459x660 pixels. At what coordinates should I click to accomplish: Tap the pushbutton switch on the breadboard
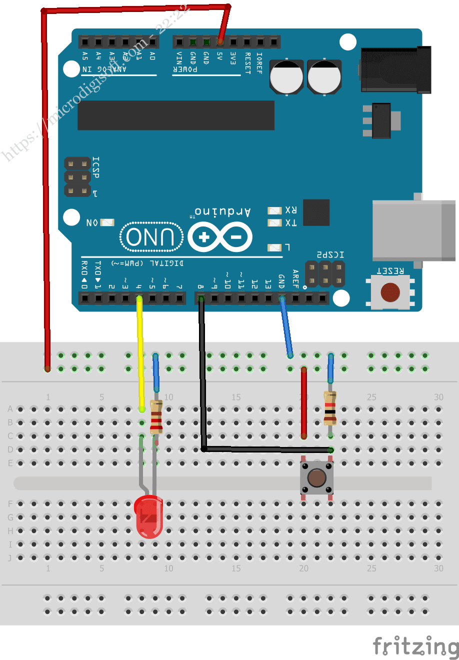point(316,477)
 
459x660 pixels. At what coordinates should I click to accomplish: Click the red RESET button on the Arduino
point(390,292)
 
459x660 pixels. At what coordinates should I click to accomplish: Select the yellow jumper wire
point(140,350)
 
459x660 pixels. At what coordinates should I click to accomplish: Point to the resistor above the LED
point(156,416)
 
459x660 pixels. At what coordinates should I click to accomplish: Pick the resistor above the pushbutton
point(329,407)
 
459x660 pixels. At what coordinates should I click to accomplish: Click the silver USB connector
point(414,230)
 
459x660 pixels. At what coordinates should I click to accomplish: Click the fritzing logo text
point(415,646)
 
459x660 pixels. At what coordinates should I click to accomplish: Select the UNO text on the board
point(150,237)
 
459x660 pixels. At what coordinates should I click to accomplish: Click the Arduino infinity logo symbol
point(220,236)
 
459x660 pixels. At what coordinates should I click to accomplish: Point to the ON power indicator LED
point(107,222)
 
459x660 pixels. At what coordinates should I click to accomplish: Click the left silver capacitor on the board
point(286,77)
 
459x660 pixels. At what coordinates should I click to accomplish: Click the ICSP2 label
point(330,254)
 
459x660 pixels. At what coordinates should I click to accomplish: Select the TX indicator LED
point(274,222)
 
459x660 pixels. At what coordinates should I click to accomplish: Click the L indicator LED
point(274,247)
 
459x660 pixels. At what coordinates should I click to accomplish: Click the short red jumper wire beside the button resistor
point(303,402)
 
